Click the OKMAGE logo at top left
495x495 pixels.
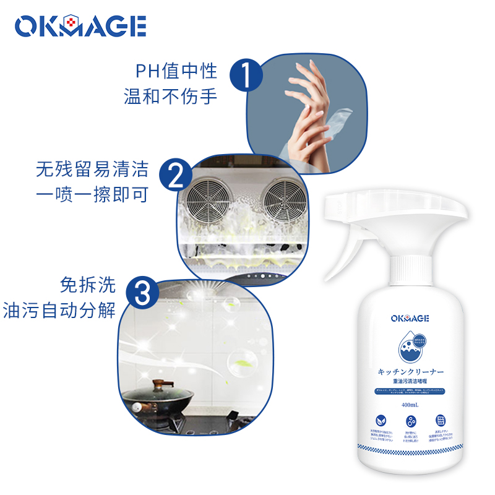click(80, 27)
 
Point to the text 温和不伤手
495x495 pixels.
click(171, 97)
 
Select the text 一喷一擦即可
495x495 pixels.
click(92, 195)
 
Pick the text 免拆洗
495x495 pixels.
click(87, 284)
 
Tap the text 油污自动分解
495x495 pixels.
click(60, 309)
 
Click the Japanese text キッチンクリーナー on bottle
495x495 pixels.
click(410, 372)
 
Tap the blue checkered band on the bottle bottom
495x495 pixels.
click(410, 446)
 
